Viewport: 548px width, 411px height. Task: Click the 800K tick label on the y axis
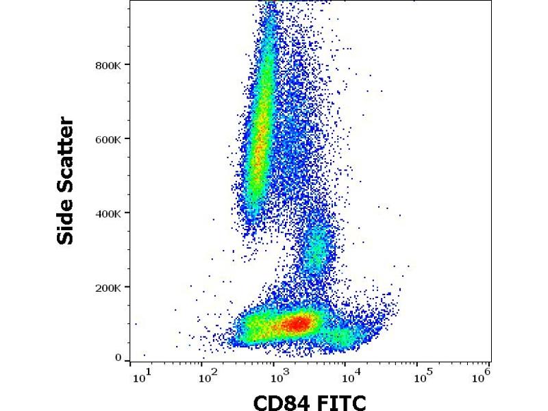[108, 65]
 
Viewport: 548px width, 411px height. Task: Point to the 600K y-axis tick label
[108, 139]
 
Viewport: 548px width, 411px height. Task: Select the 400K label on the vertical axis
[108, 213]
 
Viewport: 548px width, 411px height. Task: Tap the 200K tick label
[108, 287]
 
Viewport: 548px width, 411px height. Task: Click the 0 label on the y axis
[119, 358]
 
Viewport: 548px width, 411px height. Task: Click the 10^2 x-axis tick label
[207, 376]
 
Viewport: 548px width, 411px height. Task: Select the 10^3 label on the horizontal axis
[277, 376]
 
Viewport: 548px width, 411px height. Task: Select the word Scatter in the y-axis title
[65, 158]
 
